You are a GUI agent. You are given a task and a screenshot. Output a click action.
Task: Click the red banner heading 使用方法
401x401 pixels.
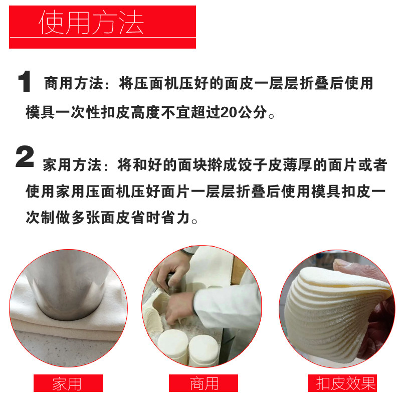click(102, 27)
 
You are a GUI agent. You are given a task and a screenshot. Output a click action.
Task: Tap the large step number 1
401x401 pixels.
click(25, 82)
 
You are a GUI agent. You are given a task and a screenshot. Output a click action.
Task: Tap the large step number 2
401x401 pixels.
click(25, 156)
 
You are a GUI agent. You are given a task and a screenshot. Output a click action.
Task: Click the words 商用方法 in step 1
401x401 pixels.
click(74, 83)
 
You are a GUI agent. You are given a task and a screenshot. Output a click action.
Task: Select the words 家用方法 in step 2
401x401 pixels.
click(72, 165)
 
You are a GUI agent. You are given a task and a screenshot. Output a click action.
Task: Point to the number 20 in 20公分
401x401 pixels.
click(230, 112)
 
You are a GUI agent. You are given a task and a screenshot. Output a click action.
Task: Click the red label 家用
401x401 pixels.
click(68, 383)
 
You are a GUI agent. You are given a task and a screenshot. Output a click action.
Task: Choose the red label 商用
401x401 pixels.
click(204, 383)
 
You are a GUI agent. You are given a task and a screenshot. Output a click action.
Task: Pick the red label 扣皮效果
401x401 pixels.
click(342, 383)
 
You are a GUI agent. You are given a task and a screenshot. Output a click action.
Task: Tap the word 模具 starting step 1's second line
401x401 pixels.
click(40, 112)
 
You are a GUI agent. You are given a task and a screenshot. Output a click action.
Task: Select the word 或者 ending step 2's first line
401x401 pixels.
click(372, 165)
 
